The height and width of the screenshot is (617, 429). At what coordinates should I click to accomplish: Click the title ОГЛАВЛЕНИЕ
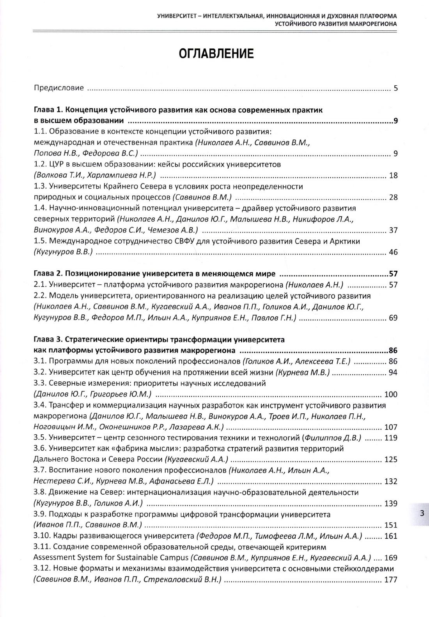pos(216,54)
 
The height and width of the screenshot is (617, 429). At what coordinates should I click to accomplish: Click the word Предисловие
pos(59,88)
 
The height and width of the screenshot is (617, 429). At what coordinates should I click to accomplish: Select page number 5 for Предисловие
pos(395,88)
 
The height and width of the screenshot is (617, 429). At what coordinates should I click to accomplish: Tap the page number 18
pos(393,175)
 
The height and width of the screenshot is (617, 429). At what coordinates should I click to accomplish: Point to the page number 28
pos(393,197)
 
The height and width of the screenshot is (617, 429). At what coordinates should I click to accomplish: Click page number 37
pos(393,230)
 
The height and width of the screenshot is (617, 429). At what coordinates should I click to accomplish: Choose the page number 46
pos(393,252)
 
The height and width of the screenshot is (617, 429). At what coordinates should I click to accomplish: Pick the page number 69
pos(393,318)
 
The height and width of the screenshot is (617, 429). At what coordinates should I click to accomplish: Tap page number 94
pos(393,372)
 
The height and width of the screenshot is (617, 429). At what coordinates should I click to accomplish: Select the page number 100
pos(391,394)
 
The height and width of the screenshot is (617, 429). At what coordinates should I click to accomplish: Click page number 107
pos(391,427)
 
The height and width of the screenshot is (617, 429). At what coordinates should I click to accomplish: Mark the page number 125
pos(391,459)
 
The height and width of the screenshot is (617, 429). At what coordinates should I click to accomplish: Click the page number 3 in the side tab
pos(422,513)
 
